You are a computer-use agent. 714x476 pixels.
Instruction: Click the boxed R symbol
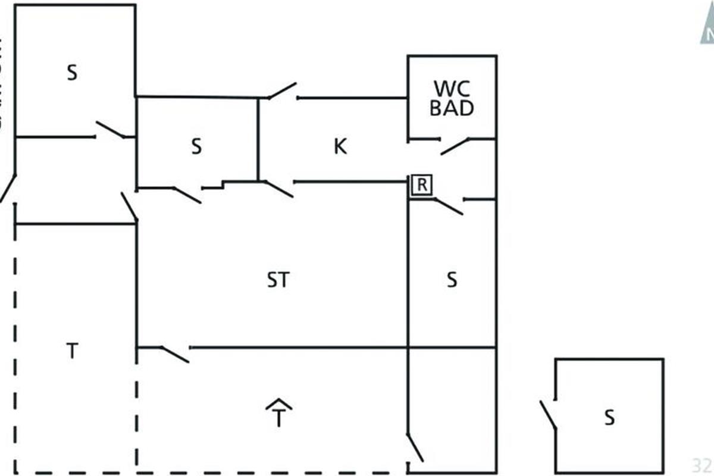421,185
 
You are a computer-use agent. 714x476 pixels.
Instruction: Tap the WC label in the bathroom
452,88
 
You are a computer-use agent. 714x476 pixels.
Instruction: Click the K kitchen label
340,146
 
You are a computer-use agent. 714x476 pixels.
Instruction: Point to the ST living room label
278,280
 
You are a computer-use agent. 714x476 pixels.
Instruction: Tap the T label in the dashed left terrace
71,352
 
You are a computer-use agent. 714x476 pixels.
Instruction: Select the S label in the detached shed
609,418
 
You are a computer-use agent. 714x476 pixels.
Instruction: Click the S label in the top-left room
72,73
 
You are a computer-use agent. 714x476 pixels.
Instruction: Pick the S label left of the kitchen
196,146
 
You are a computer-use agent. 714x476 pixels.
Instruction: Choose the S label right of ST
452,280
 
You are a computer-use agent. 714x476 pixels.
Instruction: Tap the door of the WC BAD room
455,146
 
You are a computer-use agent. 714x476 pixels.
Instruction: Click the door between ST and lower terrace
175,354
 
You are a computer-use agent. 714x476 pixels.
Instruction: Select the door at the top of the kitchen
282,90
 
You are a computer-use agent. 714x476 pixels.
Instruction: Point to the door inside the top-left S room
111,130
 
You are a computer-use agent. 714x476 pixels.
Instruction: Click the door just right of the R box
449,206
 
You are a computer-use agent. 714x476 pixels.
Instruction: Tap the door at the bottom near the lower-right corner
415,447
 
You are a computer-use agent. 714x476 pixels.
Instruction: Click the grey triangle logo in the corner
707,30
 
